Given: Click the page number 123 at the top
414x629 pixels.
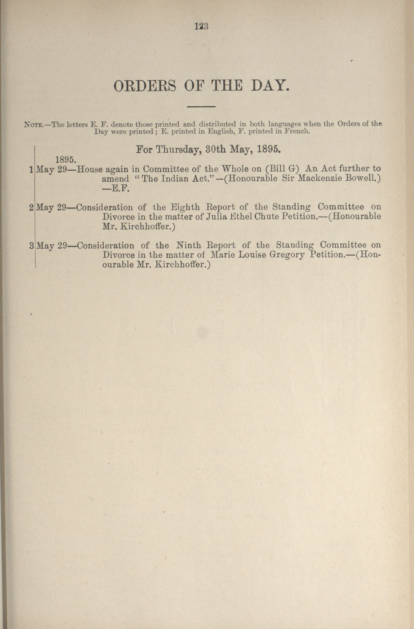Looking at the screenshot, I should click(x=202, y=26).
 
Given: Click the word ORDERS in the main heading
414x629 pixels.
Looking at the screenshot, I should click(x=145, y=86).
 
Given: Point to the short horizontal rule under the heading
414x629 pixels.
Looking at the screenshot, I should click(x=201, y=107).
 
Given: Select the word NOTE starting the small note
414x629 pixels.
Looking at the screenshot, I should click(x=32, y=124).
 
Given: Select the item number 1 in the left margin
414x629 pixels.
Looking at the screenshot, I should click(x=31, y=169).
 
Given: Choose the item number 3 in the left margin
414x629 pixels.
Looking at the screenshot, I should click(x=31, y=246).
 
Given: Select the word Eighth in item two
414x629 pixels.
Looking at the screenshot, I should click(x=185, y=207).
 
